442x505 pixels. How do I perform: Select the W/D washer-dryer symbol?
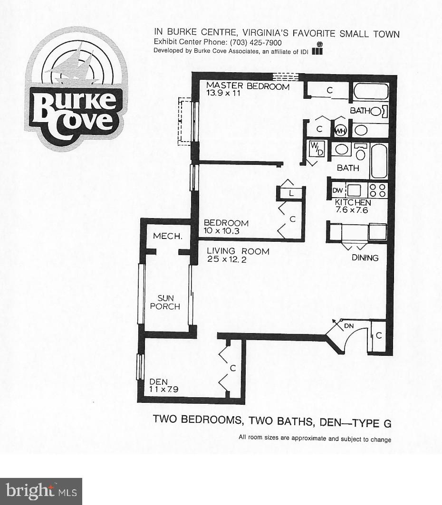316,149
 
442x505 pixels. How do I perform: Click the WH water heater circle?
341,130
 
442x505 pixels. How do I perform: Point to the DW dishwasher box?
337,191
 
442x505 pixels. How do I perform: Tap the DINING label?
365,258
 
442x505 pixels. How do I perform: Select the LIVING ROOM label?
238,255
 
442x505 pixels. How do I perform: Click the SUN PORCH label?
165,302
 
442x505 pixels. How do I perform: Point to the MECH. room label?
164,236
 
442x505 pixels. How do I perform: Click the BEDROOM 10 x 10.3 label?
226,227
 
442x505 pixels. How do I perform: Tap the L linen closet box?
291,193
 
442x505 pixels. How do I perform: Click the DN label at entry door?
349,326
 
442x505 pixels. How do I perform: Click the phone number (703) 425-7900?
255,42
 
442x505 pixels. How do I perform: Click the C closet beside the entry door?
379,336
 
